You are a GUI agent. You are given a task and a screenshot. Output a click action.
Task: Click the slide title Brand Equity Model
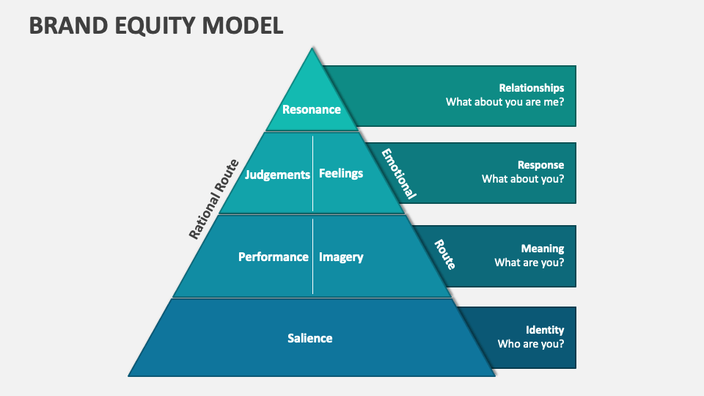(x=156, y=26)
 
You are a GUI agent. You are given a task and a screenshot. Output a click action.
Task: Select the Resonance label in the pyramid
(x=312, y=109)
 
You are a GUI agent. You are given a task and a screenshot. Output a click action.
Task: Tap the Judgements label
(x=278, y=175)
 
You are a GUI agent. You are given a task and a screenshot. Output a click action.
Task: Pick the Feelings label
(x=341, y=174)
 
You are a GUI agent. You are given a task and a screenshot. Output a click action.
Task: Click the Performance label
(x=274, y=257)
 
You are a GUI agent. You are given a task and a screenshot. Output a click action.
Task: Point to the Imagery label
(x=341, y=257)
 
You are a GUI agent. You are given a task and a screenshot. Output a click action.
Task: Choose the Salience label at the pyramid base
(x=310, y=338)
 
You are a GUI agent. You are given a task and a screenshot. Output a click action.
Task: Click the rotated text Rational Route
(x=214, y=199)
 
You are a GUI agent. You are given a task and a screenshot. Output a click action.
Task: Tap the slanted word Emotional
(x=398, y=174)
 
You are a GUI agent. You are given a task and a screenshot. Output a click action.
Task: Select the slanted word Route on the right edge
(x=444, y=254)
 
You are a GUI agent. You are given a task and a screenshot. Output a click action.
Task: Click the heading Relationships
(x=532, y=88)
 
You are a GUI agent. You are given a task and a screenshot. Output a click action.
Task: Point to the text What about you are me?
(x=505, y=102)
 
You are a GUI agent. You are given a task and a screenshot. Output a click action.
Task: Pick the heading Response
(x=540, y=165)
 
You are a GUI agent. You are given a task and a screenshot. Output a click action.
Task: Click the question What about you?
(x=523, y=178)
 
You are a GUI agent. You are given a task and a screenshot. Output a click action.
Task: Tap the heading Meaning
(x=543, y=249)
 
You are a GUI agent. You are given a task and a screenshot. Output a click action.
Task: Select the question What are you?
(x=529, y=263)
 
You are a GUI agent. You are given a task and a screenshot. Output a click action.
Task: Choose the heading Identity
(x=545, y=330)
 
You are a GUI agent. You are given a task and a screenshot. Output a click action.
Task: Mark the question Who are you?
(x=531, y=343)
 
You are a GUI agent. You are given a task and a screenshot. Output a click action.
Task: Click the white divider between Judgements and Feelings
(x=313, y=174)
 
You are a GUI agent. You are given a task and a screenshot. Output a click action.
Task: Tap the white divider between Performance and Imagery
(x=313, y=256)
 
